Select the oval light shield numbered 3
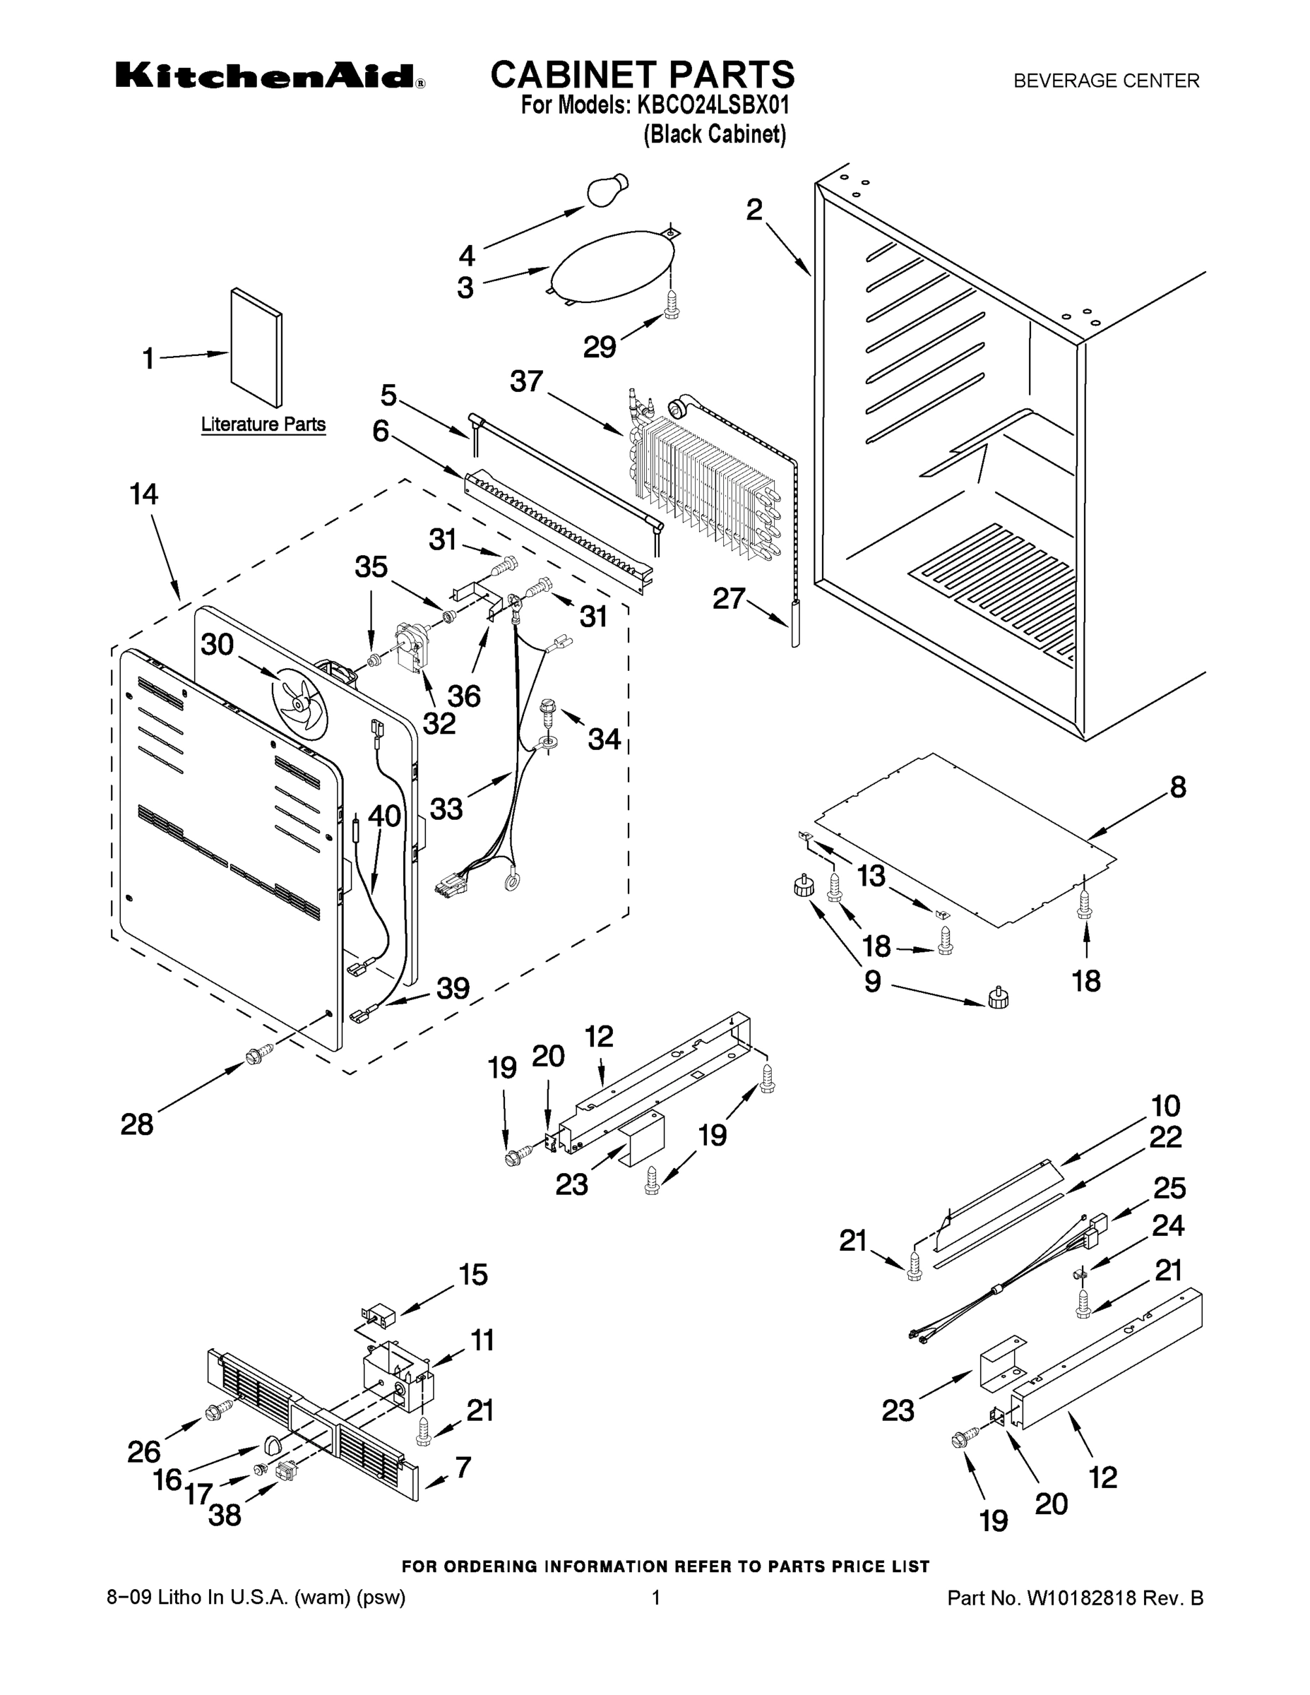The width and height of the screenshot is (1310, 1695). pos(611,265)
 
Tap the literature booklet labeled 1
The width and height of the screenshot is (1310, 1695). pos(256,347)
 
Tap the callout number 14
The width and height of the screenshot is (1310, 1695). pos(143,494)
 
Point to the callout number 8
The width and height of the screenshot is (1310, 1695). pos(1177,787)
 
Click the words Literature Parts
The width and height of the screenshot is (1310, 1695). pos(263,424)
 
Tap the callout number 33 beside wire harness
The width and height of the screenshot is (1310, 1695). pos(446,809)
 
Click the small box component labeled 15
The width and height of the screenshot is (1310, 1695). pos(380,1316)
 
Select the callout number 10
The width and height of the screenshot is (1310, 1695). pos(1165,1105)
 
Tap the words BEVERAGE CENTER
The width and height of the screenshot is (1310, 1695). pos(1106,81)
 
